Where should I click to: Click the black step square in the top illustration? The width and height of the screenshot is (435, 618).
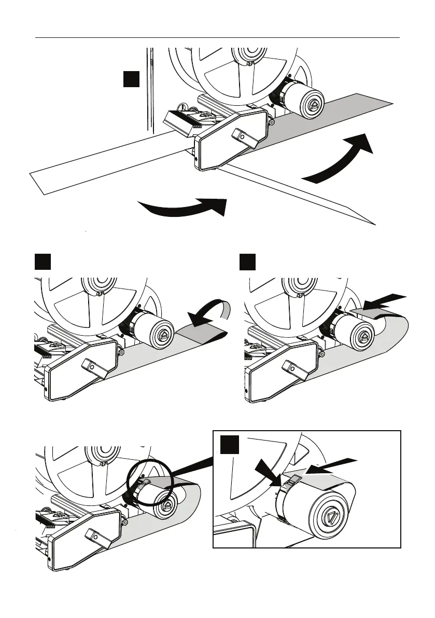click(132, 80)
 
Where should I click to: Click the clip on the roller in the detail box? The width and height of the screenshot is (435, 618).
click(292, 479)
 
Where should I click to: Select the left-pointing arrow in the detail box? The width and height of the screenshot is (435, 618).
click(332, 465)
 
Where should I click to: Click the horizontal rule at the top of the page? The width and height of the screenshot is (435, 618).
click(217, 38)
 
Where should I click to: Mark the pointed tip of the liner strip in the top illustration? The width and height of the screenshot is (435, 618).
click(373, 225)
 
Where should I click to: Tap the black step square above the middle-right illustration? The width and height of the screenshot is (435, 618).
click(248, 262)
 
